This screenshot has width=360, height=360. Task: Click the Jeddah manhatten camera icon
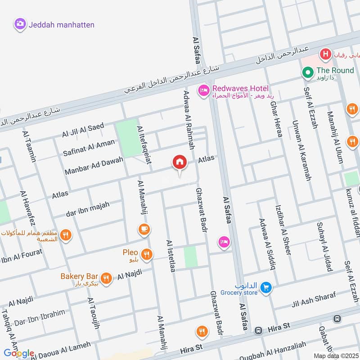pos(19,24)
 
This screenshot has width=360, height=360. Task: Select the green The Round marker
pos(308,72)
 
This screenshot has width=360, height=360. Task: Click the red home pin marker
pos(180,162)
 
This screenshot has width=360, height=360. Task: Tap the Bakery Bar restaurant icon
pos(107,278)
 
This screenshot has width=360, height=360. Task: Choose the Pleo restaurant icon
pos(146,255)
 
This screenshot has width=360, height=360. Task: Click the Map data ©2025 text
pos(335,355)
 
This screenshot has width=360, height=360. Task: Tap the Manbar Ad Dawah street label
pos(94,167)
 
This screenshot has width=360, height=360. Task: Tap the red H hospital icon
pos(325,55)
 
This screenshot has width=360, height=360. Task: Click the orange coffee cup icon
pos(144,229)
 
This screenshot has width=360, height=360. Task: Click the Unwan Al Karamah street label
pos(301,151)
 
